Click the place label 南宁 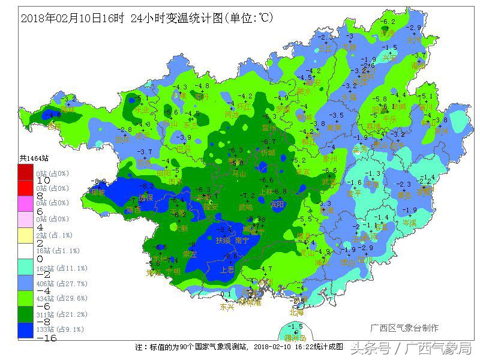click(x=243, y=241)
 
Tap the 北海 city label click(x=296, y=312)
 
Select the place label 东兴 click(x=227, y=307)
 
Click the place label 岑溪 click(x=410, y=223)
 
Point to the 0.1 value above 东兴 click(x=226, y=295)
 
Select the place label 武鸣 click(x=246, y=207)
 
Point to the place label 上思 click(x=227, y=269)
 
